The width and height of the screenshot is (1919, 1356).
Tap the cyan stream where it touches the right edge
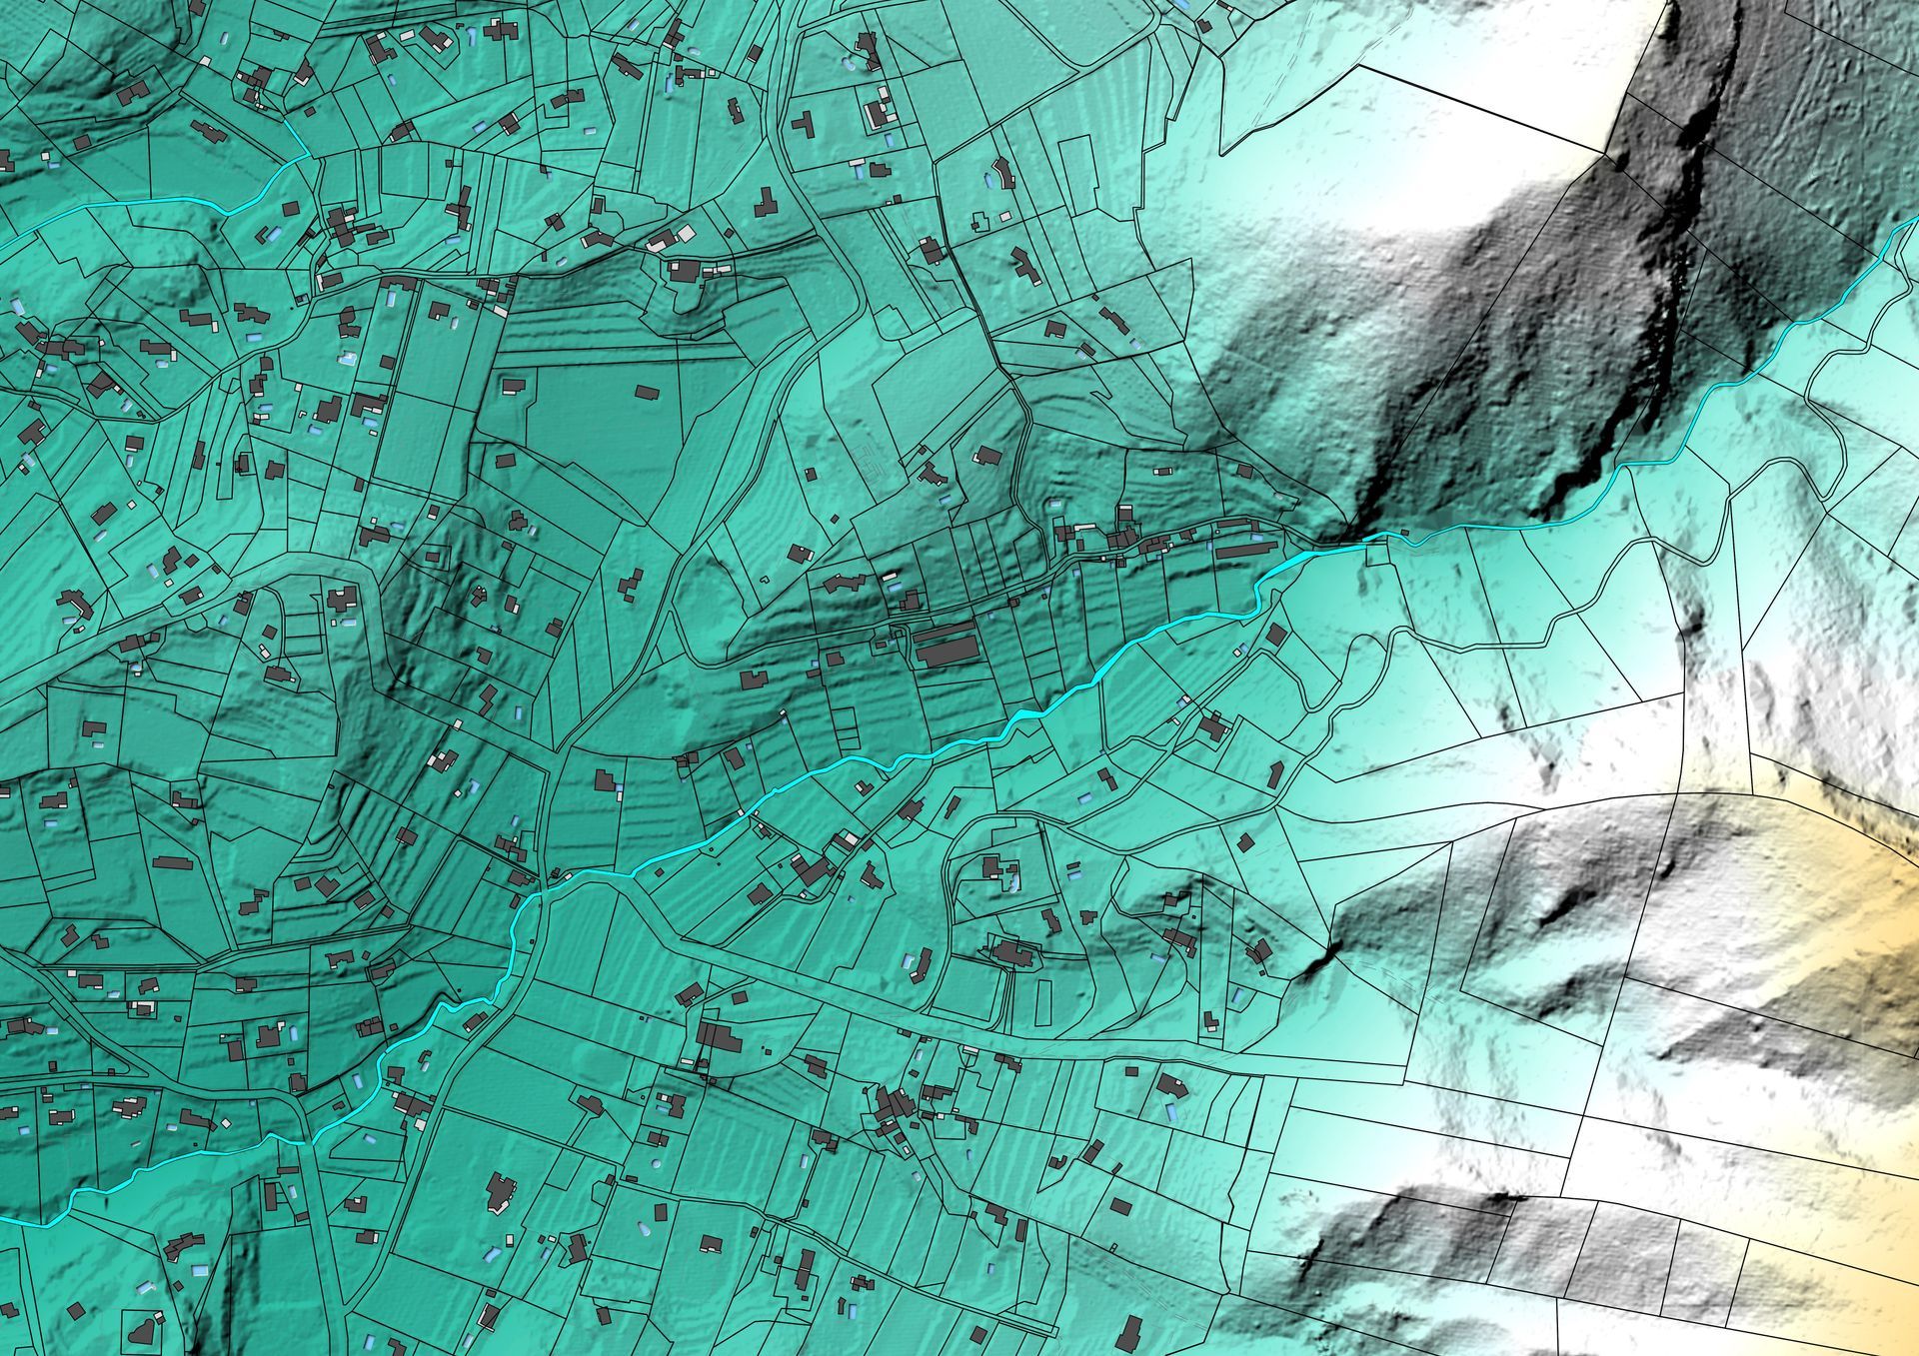point(1915,225)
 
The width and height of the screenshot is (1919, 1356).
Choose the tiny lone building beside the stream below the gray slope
point(1404,531)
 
